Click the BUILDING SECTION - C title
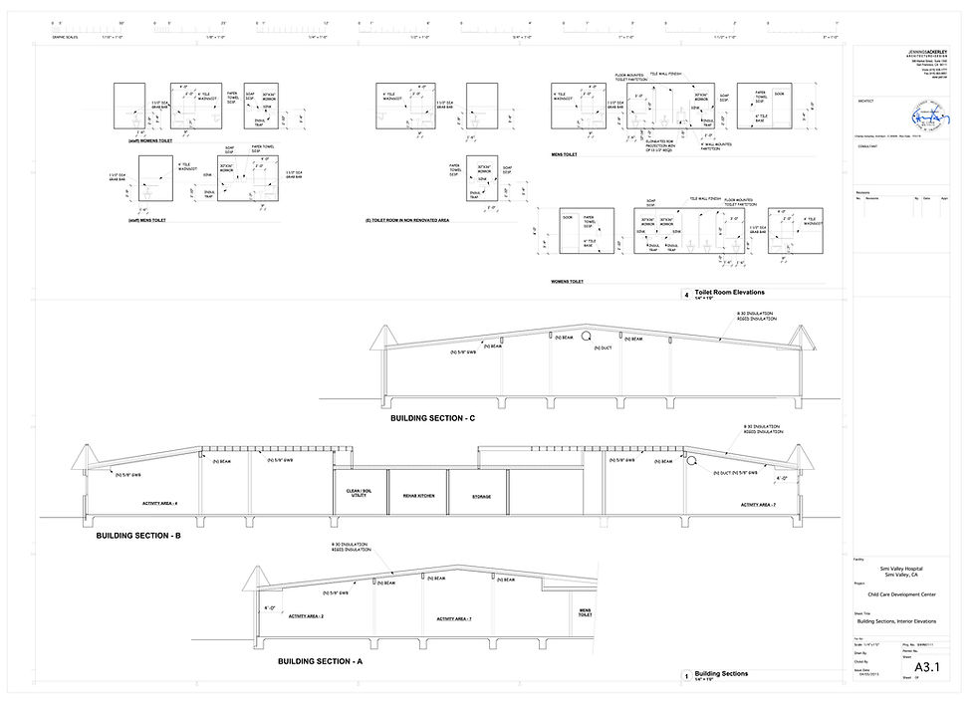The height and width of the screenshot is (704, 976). tap(433, 418)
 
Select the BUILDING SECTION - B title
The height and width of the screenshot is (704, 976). tap(138, 536)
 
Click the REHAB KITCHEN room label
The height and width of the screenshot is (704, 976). tap(417, 495)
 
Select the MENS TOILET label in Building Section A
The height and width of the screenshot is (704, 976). tap(586, 611)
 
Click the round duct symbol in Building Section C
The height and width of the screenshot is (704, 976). tap(588, 337)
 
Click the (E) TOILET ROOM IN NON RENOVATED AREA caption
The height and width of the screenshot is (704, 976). tap(408, 219)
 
